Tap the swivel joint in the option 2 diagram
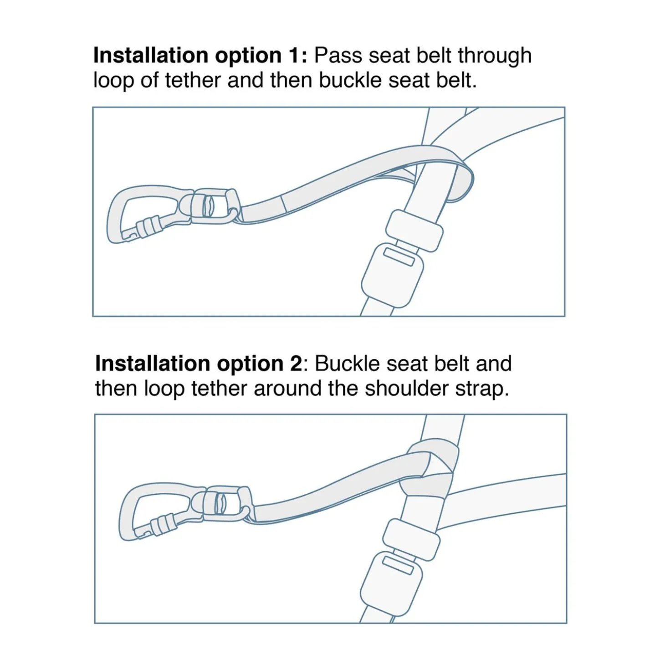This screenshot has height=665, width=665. tap(223, 503)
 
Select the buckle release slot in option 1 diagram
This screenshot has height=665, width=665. tap(399, 256)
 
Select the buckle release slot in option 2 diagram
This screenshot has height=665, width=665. tap(398, 565)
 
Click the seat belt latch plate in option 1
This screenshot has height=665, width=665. tap(414, 230)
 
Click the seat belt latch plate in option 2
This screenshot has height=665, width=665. tap(411, 539)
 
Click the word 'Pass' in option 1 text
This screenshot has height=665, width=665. tap(338, 56)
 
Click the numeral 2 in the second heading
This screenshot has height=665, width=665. tap(295, 364)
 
